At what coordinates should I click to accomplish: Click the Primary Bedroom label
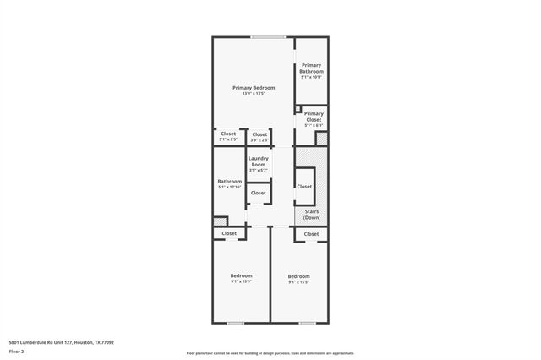tap(254, 87)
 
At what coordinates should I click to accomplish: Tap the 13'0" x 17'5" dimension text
tap(254, 93)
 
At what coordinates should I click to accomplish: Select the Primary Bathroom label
tap(311, 68)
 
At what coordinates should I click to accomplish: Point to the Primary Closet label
tap(314, 117)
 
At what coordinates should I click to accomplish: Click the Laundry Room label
tap(258, 161)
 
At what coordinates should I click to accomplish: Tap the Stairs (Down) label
tap(311, 215)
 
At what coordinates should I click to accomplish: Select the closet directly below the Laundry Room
tap(258, 193)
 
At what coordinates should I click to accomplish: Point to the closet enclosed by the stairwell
tap(304, 186)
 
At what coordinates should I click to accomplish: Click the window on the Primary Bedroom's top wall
tap(266, 36)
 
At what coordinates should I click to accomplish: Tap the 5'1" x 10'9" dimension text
tap(311, 78)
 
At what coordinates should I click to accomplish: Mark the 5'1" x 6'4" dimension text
tap(314, 125)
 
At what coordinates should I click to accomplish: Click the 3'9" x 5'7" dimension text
tap(258, 171)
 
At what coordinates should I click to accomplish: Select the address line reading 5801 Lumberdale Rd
tap(61, 342)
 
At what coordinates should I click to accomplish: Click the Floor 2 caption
tap(16, 350)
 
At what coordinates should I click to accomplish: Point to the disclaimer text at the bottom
tap(270, 353)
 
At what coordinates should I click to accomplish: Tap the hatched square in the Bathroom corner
tap(220, 221)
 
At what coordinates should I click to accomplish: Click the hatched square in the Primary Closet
tap(321, 138)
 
